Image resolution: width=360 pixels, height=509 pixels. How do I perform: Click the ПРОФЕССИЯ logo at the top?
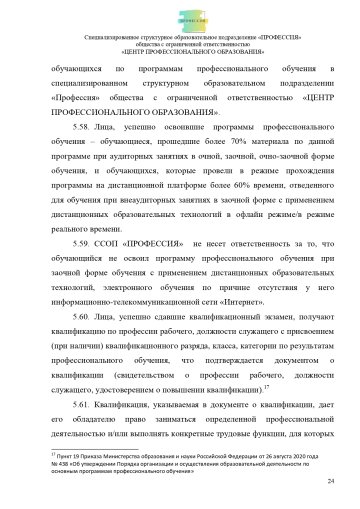tap(180, 17)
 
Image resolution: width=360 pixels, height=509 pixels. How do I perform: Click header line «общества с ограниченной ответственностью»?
tap(180, 46)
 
